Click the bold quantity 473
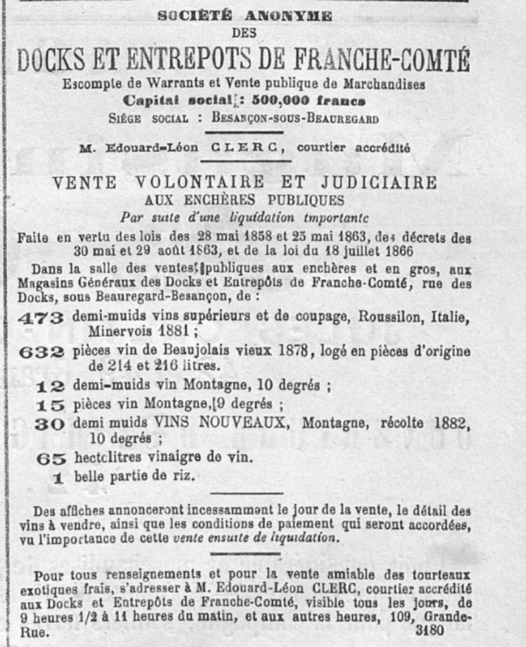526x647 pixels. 40,317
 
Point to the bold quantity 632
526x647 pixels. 40,352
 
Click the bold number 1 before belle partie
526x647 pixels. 59,478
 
